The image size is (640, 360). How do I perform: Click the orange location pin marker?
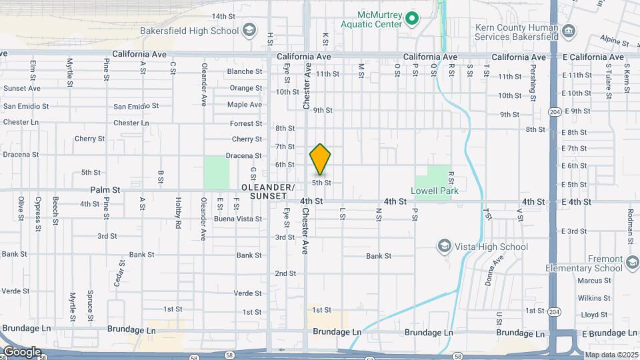click(320, 159)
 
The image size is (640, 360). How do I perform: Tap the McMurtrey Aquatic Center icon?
click(412, 19)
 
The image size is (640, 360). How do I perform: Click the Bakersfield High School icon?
click(249, 31)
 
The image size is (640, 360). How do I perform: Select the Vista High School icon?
click(444, 247)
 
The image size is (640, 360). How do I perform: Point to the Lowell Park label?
click(434, 191)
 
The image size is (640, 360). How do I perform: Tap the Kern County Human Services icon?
click(568, 31)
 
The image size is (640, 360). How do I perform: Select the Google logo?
click(22, 351)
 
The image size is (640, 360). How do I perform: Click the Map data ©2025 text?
click(610, 355)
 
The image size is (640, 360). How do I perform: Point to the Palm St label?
click(106, 190)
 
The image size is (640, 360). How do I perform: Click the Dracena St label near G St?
click(243, 155)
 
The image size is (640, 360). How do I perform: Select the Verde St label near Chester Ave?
click(247, 293)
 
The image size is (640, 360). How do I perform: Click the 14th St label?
click(223, 16)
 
